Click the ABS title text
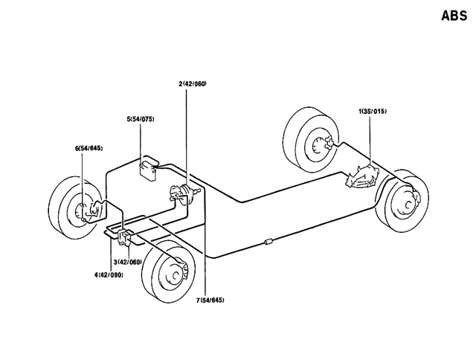click(453, 14)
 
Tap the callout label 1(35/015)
click(373, 111)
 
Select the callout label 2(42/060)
click(192, 83)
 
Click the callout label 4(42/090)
click(109, 274)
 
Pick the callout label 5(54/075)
click(141, 119)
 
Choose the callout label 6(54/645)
click(90, 148)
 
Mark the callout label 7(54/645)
click(210, 300)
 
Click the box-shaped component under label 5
click(151, 168)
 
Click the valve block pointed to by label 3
click(124, 238)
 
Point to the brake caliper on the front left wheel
click(92, 213)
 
